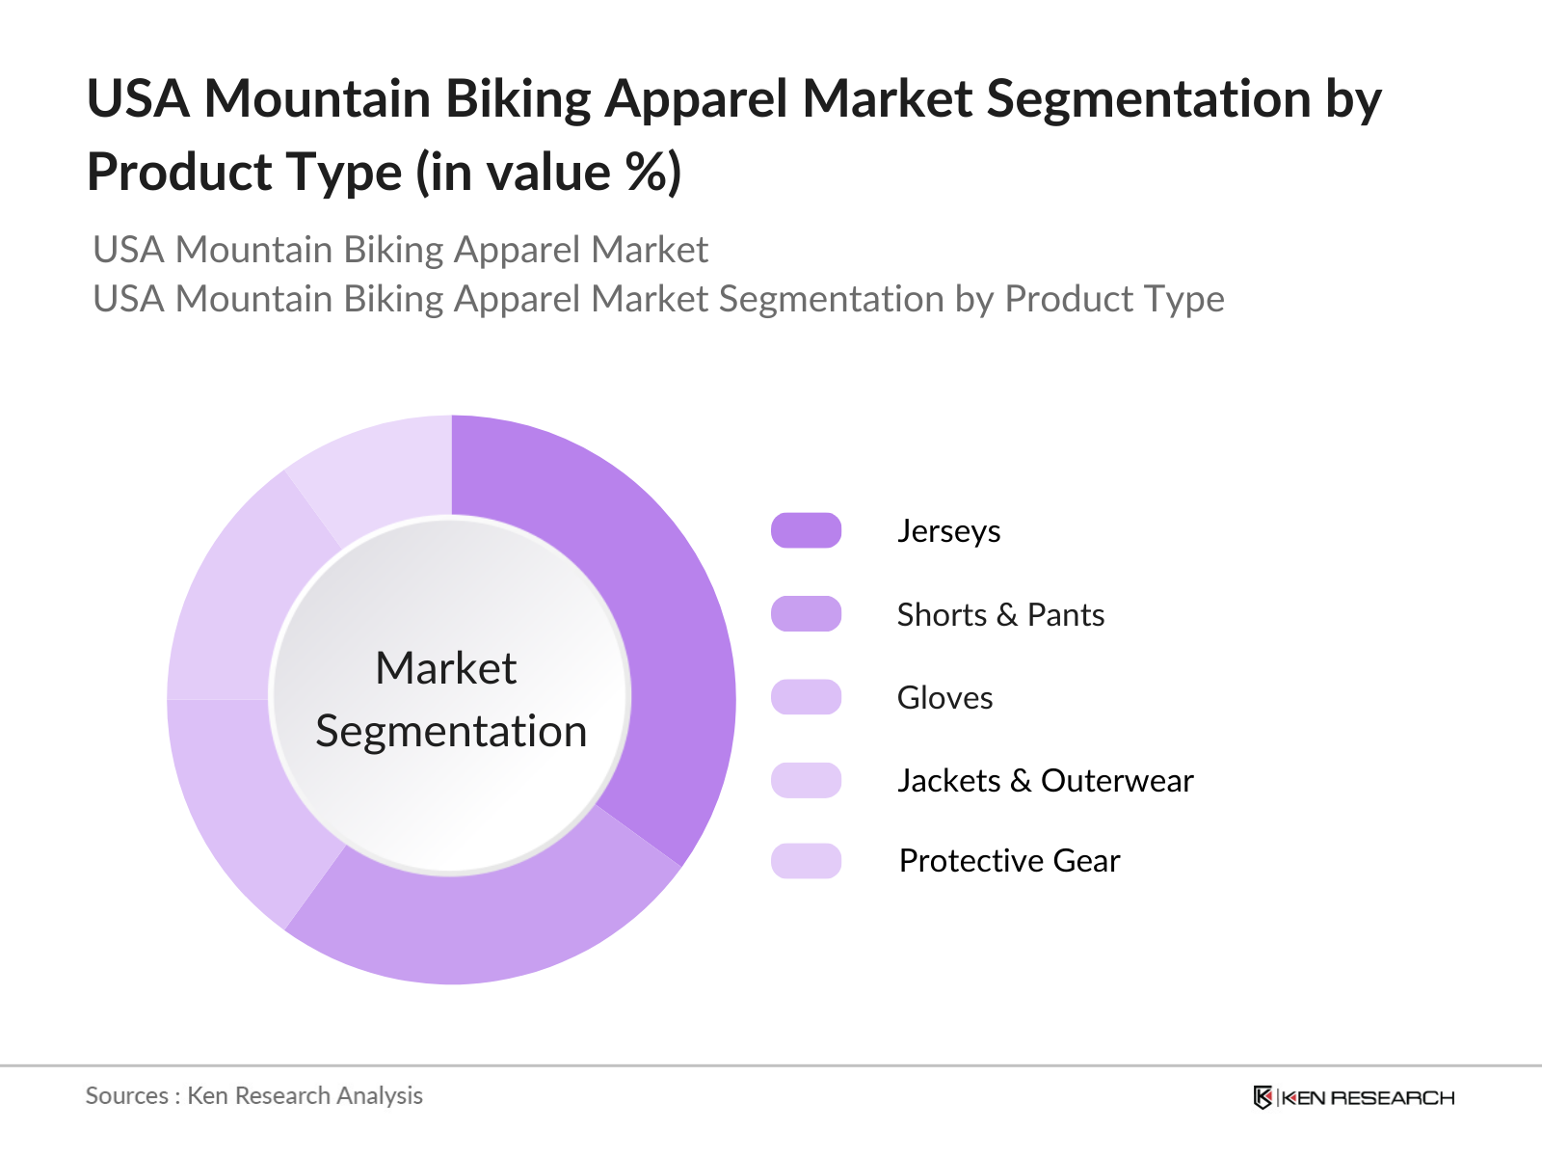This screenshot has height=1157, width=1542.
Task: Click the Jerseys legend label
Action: coord(948,531)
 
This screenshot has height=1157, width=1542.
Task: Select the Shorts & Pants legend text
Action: coord(1000,615)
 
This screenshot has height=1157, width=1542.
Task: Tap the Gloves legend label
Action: coord(944,698)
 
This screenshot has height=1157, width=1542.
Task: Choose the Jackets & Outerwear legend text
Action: coord(1045,781)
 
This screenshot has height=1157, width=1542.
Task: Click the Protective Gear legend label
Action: coord(1009,861)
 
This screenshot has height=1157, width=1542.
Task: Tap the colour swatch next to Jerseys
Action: coord(806,531)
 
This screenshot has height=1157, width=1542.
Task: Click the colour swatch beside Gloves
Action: coord(806,697)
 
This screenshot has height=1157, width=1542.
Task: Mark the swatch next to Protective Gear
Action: coord(806,861)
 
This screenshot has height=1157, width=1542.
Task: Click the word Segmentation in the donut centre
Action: coord(451,732)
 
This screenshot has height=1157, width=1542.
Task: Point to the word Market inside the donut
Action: coord(445,668)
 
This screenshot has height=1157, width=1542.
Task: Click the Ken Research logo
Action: coord(1353,1097)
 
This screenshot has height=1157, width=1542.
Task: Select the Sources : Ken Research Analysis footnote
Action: coord(253,1096)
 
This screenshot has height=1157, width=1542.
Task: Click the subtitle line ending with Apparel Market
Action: coord(400,251)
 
